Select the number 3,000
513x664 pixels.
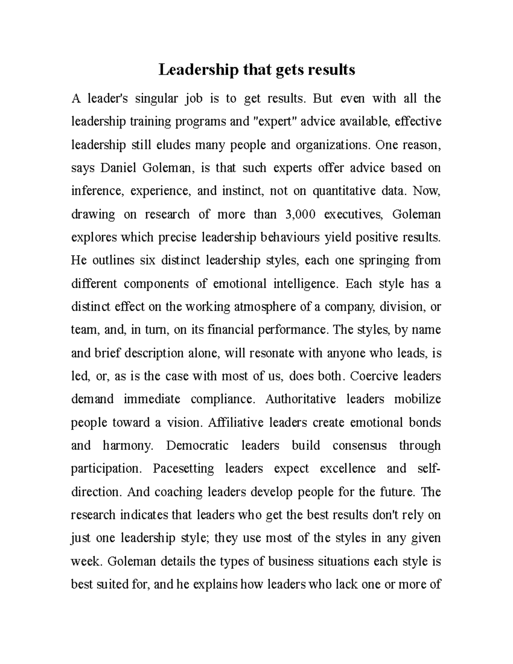300,214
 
